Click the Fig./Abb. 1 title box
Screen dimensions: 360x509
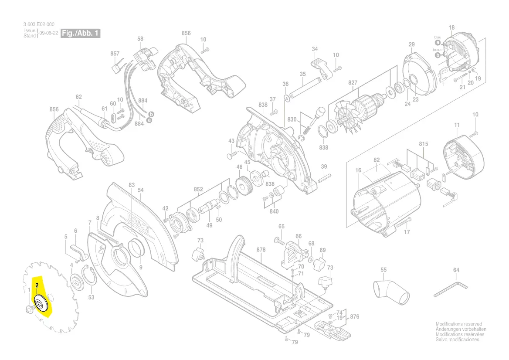[80, 34]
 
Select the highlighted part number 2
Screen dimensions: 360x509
[38, 286]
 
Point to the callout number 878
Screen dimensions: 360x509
[261, 250]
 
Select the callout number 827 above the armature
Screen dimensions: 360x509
[353, 83]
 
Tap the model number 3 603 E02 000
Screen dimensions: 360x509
[39, 25]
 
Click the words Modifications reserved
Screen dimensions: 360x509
[459, 324]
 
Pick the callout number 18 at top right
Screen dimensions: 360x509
[451, 28]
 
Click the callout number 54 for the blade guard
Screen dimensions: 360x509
[140, 190]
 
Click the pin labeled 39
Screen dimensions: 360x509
[325, 177]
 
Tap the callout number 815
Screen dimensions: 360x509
[423, 144]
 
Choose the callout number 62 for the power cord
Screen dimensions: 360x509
[78, 97]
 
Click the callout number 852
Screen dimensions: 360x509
[198, 189]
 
